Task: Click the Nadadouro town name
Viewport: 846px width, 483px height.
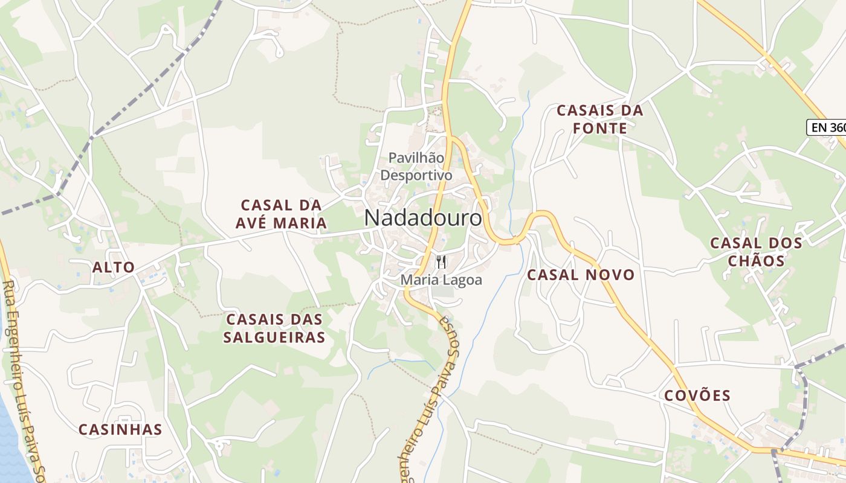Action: [x=423, y=218]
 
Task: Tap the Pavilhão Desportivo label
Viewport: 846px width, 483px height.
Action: [x=416, y=167]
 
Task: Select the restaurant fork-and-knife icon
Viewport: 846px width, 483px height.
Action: [x=441, y=262]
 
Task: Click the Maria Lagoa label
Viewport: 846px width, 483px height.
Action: [x=442, y=280]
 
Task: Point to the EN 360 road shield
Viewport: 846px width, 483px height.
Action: [x=827, y=127]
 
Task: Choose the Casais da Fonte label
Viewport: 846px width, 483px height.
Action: [x=599, y=120]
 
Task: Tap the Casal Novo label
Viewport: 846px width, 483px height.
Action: [x=581, y=275]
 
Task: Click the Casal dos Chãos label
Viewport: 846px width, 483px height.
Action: [x=756, y=252]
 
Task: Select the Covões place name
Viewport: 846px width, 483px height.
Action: [x=697, y=396]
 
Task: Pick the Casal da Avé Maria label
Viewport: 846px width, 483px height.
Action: [x=281, y=214]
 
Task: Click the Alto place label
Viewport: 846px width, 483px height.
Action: [x=114, y=267]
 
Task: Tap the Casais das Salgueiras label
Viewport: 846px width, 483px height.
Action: [x=274, y=328]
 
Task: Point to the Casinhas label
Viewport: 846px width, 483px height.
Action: [x=120, y=430]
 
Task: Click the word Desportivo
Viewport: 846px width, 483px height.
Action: [x=416, y=175]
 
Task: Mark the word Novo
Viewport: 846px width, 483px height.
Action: [x=612, y=275]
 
